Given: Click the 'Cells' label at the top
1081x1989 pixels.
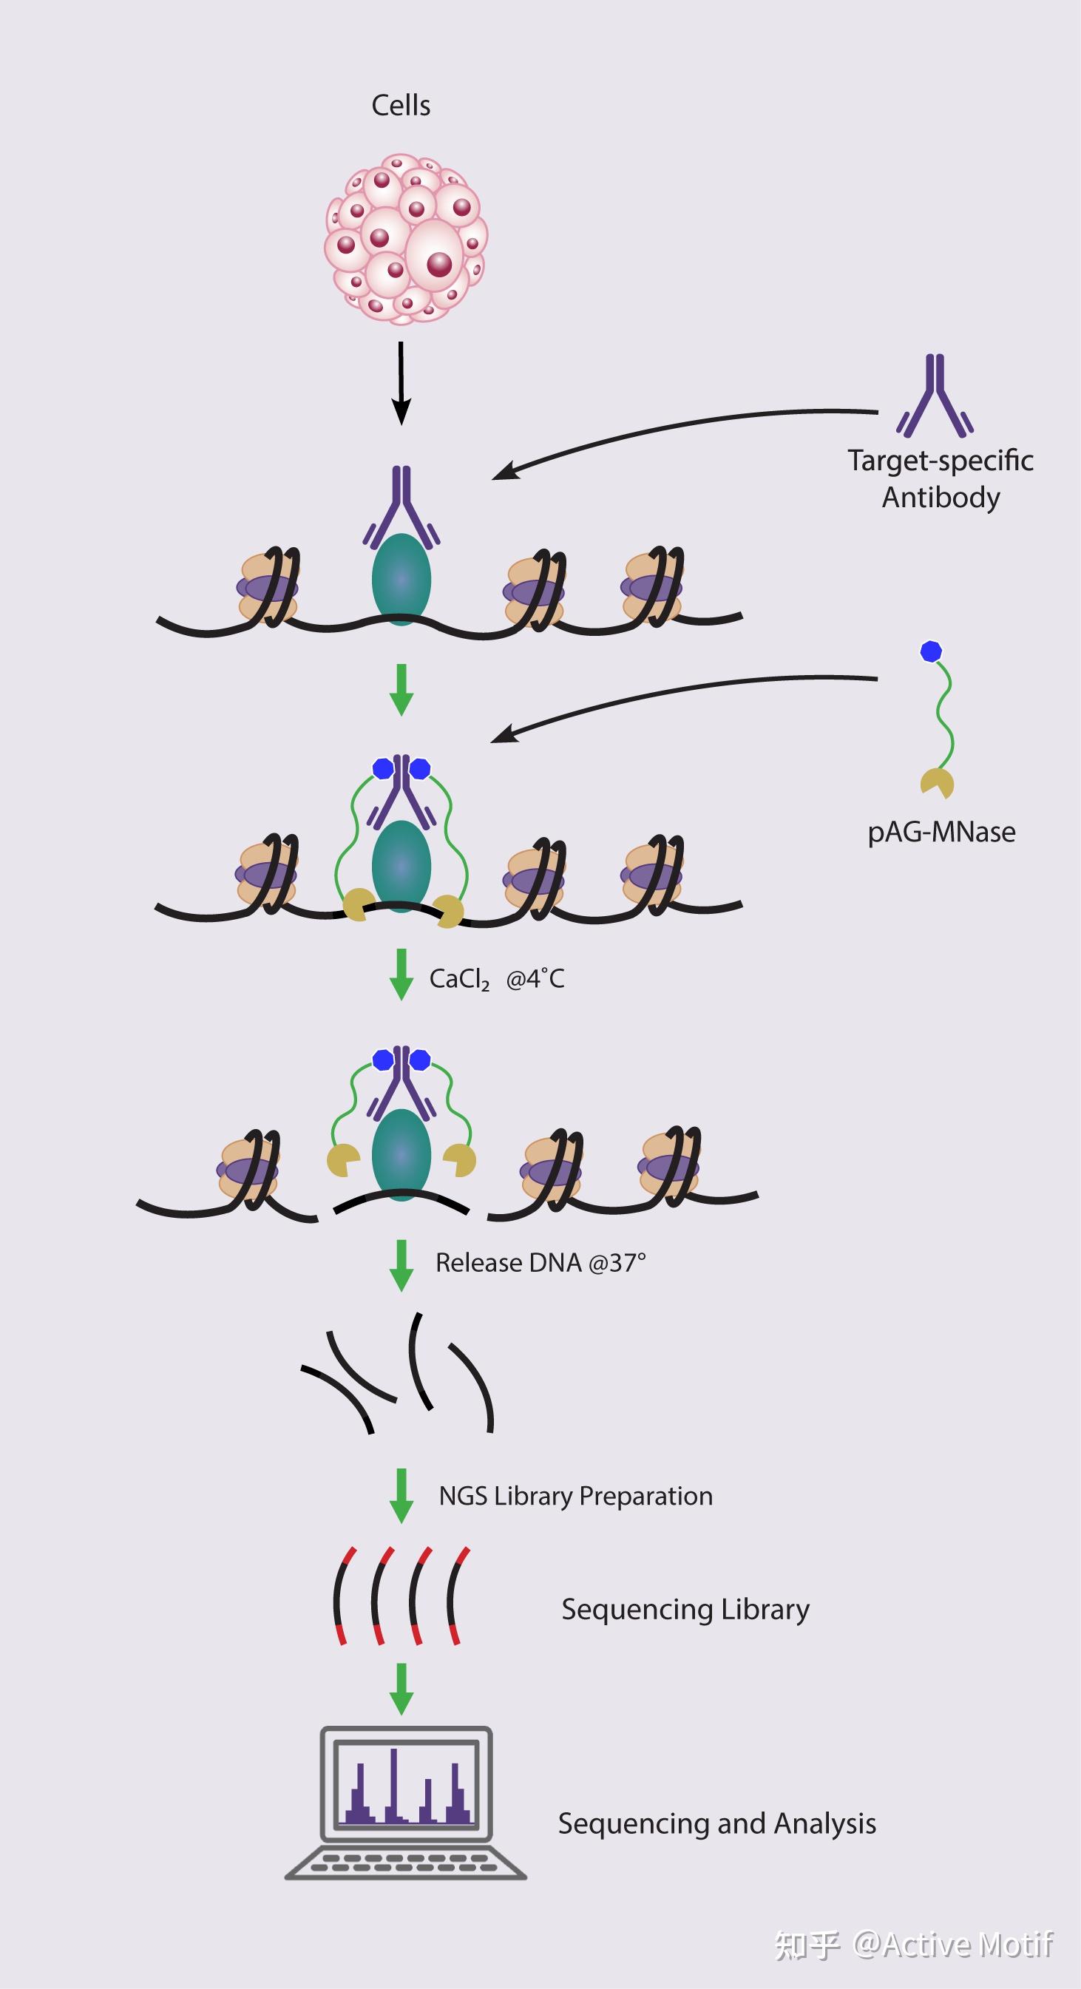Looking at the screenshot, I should [401, 106].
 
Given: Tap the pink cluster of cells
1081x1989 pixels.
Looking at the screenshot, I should [405, 237].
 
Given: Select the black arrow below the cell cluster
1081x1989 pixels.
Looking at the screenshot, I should [401, 383].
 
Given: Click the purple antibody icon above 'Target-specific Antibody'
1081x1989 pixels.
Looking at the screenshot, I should [935, 396].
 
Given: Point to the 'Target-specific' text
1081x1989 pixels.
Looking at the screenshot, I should [940, 461].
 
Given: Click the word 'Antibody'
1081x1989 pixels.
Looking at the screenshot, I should [941, 498].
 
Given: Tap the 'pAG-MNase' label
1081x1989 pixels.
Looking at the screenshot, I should [941, 833].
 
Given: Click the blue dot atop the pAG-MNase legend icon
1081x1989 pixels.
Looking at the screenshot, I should [931, 651].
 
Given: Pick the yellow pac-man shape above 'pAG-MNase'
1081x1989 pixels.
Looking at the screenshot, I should [938, 783].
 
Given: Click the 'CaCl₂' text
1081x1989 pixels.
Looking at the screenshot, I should [458, 979].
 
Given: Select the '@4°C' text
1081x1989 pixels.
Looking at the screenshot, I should [535, 979].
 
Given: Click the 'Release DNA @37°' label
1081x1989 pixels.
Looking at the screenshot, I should [540, 1262].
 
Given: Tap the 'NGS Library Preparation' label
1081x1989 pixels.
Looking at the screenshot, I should [575, 1496].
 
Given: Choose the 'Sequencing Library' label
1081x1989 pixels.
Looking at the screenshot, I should [685, 1609].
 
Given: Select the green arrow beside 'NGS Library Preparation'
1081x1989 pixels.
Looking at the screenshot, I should [401, 1496].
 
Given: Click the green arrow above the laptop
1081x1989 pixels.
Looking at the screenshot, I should [401, 1688].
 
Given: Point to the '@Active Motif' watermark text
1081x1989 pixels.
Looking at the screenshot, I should [953, 1944].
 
